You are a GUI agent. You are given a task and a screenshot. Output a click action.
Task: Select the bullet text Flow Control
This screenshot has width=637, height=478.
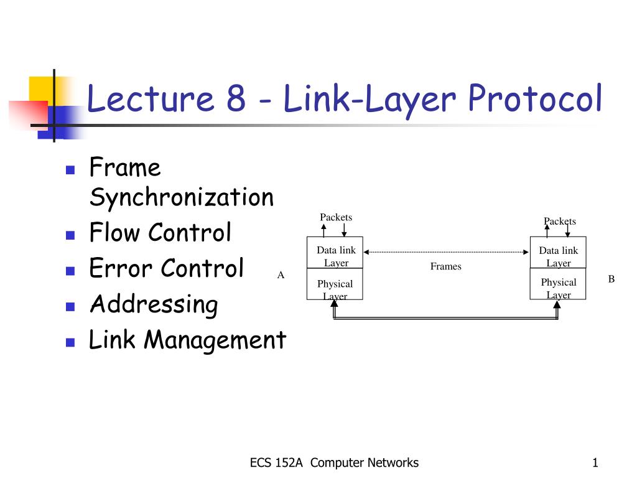pos(160,233)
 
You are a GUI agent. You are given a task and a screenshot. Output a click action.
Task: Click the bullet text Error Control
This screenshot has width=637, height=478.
pos(166,269)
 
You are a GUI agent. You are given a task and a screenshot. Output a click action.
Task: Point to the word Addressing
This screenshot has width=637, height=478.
pos(154,305)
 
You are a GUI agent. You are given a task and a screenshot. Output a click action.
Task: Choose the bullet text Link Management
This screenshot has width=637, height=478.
pos(187,340)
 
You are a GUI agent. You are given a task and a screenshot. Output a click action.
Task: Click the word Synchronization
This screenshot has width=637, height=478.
pos(181,197)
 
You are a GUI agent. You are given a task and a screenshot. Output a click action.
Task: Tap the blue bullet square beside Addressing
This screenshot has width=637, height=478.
pos(70,307)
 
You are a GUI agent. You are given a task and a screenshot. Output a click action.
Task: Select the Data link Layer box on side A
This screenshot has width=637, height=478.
pos(335,256)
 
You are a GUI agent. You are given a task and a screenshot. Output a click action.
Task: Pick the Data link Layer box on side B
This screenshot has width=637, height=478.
pos(558,256)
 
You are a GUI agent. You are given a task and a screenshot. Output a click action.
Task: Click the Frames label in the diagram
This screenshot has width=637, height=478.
pos(446,266)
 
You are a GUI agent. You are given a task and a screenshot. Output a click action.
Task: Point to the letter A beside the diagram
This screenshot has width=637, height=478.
pos(281,274)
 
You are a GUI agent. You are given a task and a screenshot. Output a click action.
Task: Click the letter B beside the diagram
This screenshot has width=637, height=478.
pos(611,279)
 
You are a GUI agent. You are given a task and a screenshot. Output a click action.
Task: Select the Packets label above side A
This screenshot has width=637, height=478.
pos(336,217)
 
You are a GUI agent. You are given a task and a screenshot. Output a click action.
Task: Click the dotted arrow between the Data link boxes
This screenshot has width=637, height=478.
pos(446,252)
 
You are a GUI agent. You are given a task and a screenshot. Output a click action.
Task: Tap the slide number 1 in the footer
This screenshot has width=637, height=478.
pos(595,462)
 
